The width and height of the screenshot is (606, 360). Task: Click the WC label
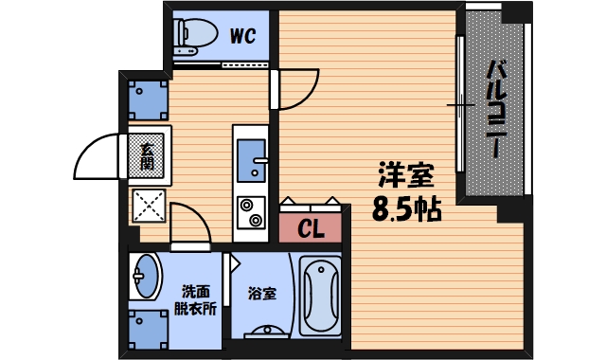243,38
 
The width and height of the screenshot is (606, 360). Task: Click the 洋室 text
406,176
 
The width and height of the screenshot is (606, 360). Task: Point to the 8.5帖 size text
406,208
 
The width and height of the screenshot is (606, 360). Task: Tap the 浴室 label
262,294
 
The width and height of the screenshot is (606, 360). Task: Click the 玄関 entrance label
148,156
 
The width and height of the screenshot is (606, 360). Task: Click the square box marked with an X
148,205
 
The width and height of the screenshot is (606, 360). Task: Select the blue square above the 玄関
148,98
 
